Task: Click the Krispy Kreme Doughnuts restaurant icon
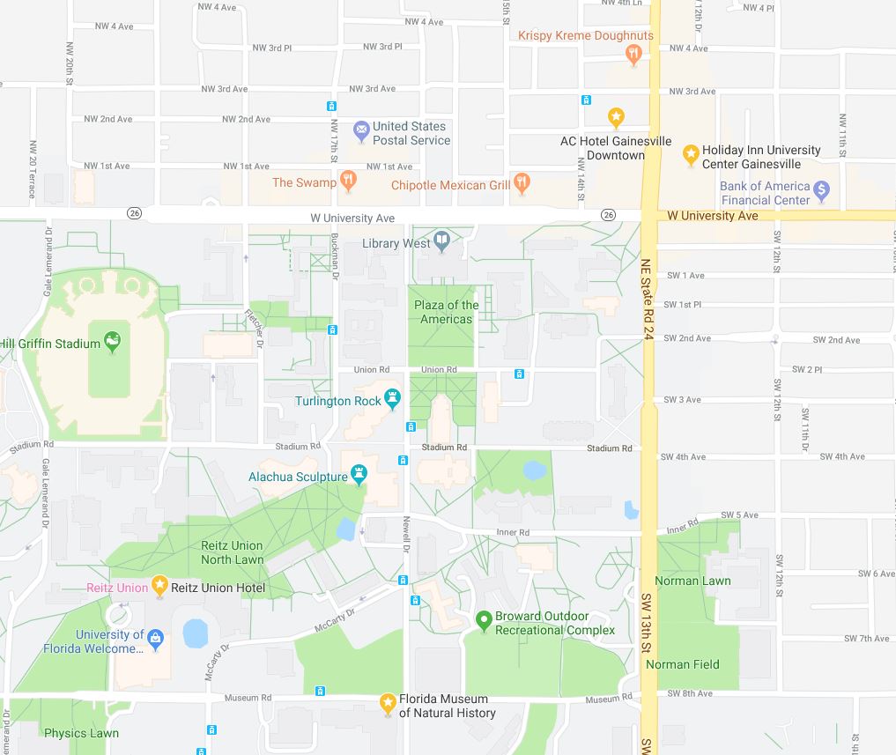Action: (632, 54)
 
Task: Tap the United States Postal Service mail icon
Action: (360, 132)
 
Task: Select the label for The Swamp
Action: (304, 182)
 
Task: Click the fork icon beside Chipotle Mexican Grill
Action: (522, 183)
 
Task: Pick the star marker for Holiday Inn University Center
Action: (691, 155)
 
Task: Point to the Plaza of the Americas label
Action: (447, 312)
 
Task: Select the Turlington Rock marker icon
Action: (393, 400)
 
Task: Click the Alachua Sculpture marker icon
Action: (359, 476)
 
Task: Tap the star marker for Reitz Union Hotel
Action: (159, 585)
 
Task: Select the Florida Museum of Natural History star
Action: (387, 703)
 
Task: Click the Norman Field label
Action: (683, 664)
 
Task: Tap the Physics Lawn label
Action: (81, 733)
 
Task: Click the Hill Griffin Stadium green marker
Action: (112, 341)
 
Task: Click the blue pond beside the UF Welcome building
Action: (195, 633)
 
